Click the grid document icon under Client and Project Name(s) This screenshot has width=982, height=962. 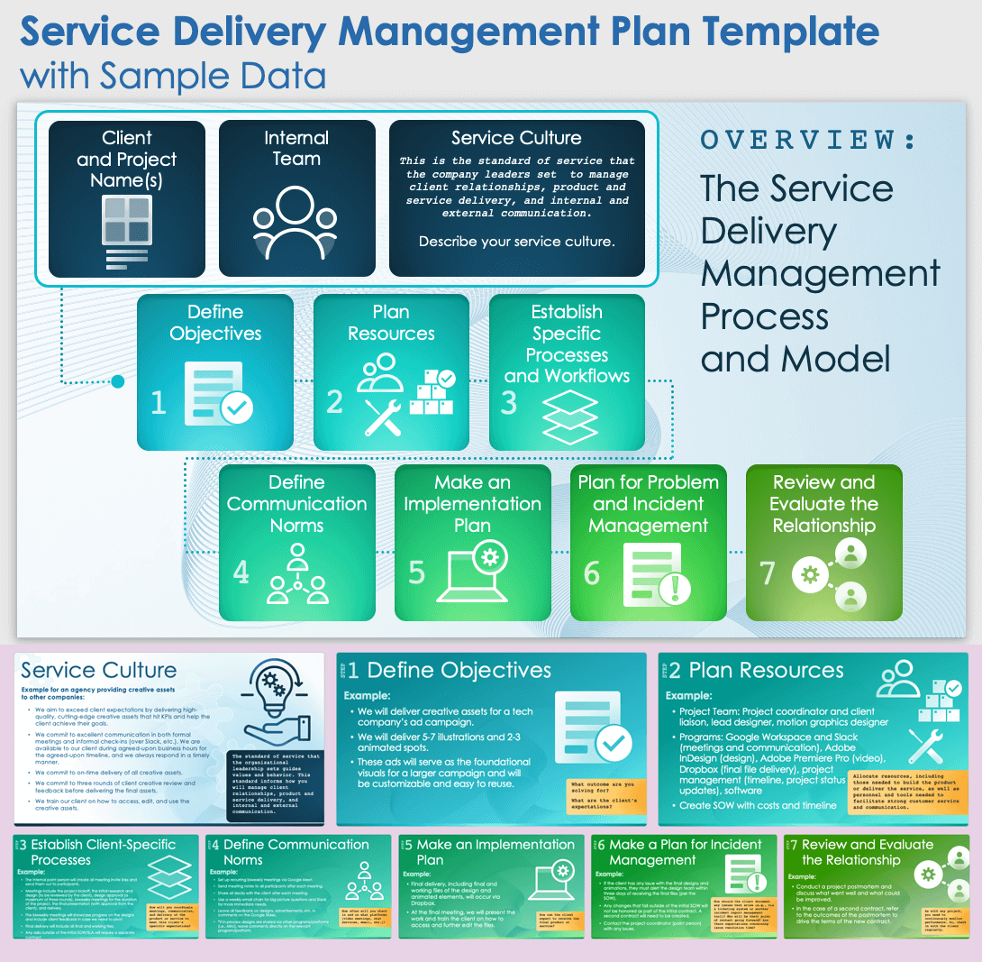pyautogui.click(x=126, y=231)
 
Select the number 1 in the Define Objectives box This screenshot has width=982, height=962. pyautogui.click(x=159, y=402)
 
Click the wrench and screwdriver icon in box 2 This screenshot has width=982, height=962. pyautogui.click(x=383, y=417)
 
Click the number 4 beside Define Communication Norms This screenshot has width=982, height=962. pyautogui.click(x=241, y=572)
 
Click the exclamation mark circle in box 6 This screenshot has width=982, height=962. pyautogui.click(x=674, y=589)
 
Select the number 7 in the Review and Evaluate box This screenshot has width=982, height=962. pyautogui.click(x=768, y=572)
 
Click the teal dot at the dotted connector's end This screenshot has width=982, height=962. pyautogui.click(x=117, y=382)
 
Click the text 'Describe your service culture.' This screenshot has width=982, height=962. pyautogui.click(x=516, y=242)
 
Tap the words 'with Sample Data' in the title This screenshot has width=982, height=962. pyautogui.click(x=172, y=75)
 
